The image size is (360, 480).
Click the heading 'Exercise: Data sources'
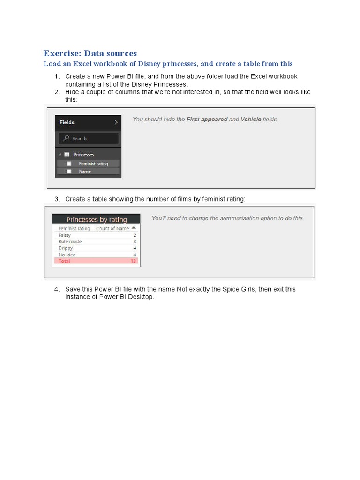pyautogui.click(x=90, y=53)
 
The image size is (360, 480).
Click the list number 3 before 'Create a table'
pyautogui.click(x=57, y=199)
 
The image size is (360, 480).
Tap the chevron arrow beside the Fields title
pyautogui.click(x=116, y=122)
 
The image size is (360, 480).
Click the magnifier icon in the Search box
pyautogui.click(x=67, y=138)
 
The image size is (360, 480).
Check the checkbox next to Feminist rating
pyautogui.click(x=69, y=164)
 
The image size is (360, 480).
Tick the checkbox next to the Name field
pyautogui.click(x=69, y=172)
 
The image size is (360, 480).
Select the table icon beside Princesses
pyautogui.click(x=67, y=154)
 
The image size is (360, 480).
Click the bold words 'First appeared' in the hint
pyautogui.click(x=207, y=120)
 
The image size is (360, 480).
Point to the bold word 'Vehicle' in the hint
pyautogui.click(x=251, y=120)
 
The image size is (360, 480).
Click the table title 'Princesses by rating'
pyautogui.click(x=97, y=219)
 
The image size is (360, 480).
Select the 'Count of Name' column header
pyautogui.click(x=112, y=228)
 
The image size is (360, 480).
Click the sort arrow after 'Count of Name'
pyautogui.click(x=134, y=228)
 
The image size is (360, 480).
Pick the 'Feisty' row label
pyautogui.click(x=65, y=235)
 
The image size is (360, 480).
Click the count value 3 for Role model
pyautogui.click(x=135, y=241)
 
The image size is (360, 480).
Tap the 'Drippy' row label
pyautogui.click(x=66, y=248)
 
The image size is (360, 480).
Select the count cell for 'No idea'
pyautogui.click(x=135, y=255)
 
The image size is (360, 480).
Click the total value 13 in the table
pyautogui.click(x=133, y=261)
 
